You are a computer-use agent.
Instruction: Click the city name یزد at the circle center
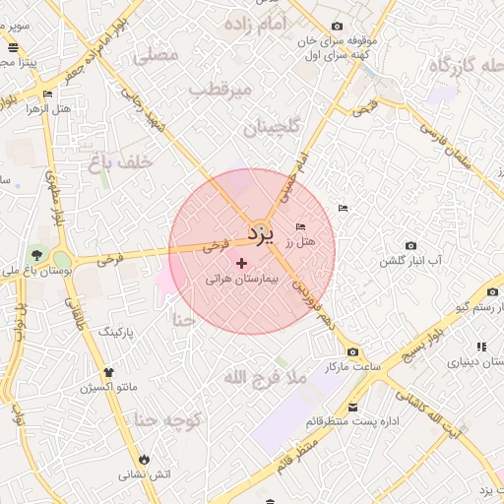[259, 234]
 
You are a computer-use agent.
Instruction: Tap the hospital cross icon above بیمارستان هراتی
[242, 263]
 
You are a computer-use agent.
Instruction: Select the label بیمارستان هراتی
[242, 280]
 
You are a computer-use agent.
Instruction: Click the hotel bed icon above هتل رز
[300, 227]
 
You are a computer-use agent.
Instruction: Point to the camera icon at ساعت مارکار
[352, 352]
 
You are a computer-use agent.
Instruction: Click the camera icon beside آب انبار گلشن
[410, 245]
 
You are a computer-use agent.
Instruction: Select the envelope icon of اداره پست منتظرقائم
[352, 408]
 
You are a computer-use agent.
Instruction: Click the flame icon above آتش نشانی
[146, 459]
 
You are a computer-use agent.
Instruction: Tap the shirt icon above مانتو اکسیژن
[109, 373]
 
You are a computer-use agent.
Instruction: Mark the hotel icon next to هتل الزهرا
[47, 94]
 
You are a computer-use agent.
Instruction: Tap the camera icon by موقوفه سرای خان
[338, 26]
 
